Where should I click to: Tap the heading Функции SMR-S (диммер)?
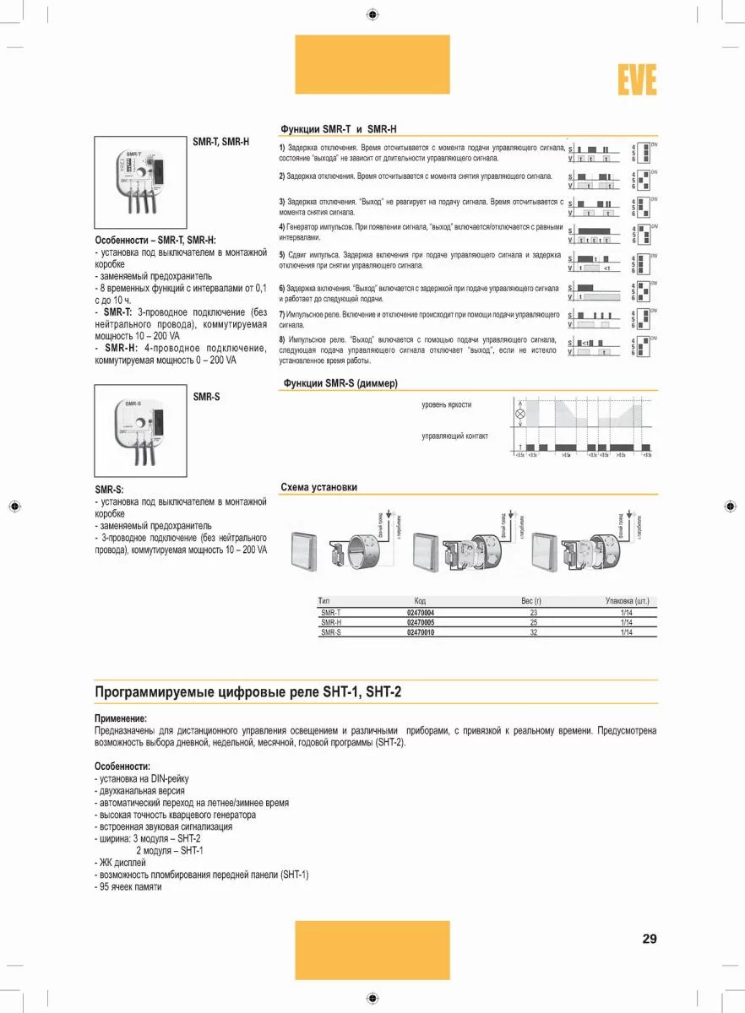pyautogui.click(x=338, y=383)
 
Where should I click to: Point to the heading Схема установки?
pyautogui.click(x=318, y=487)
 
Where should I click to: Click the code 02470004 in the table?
pyautogui.click(x=421, y=612)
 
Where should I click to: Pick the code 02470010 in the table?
pyautogui.click(x=421, y=632)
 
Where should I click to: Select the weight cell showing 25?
pyautogui.click(x=533, y=622)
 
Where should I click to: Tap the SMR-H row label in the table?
pyautogui.click(x=330, y=622)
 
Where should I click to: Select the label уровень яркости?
pyautogui.click(x=447, y=405)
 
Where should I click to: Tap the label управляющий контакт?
pyautogui.click(x=454, y=436)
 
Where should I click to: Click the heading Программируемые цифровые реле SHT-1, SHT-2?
pyautogui.click(x=247, y=692)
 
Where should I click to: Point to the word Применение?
pyautogui.click(x=121, y=718)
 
